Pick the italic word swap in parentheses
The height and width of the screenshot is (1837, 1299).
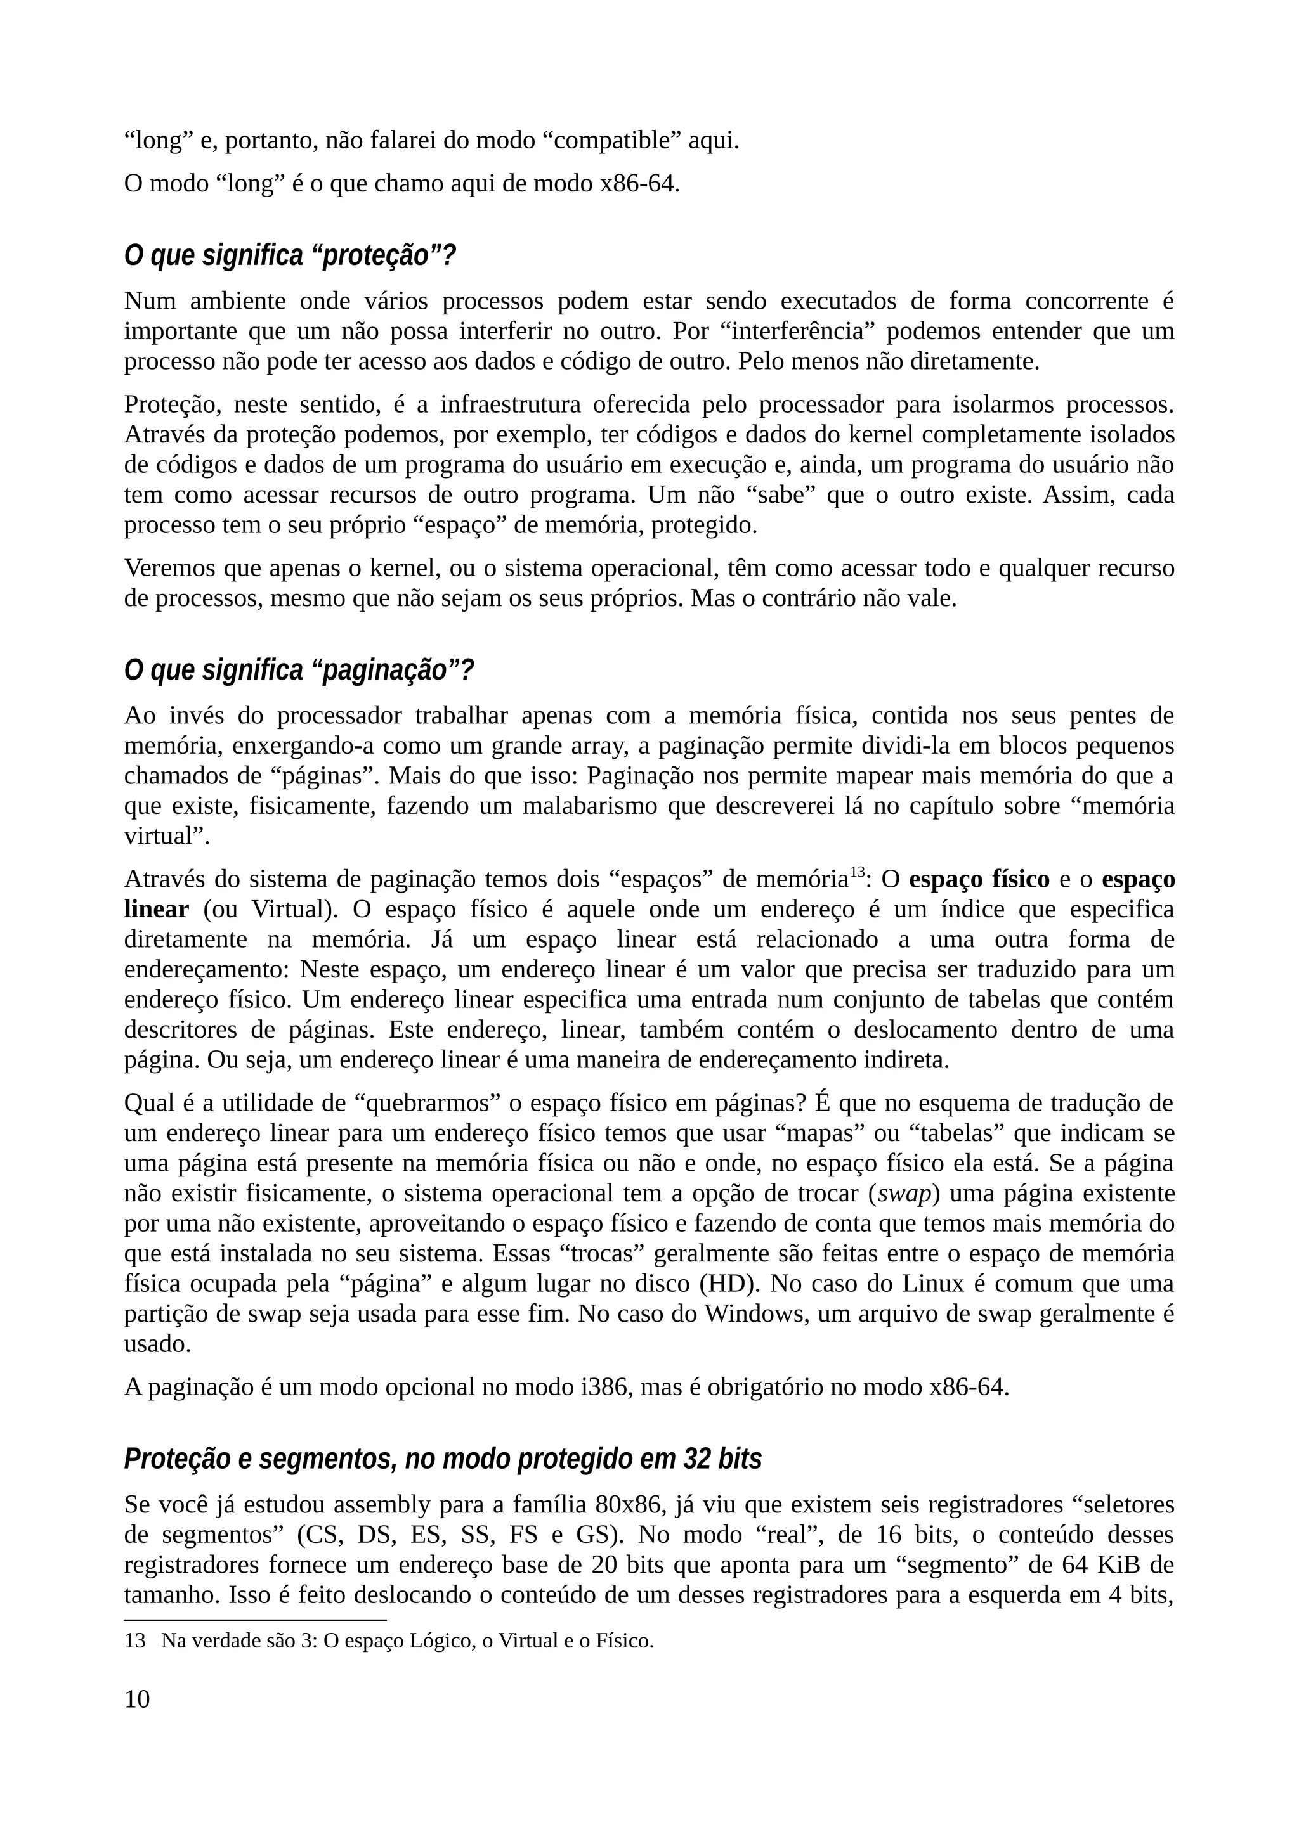(904, 1194)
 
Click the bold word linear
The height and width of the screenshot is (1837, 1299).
(156, 910)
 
